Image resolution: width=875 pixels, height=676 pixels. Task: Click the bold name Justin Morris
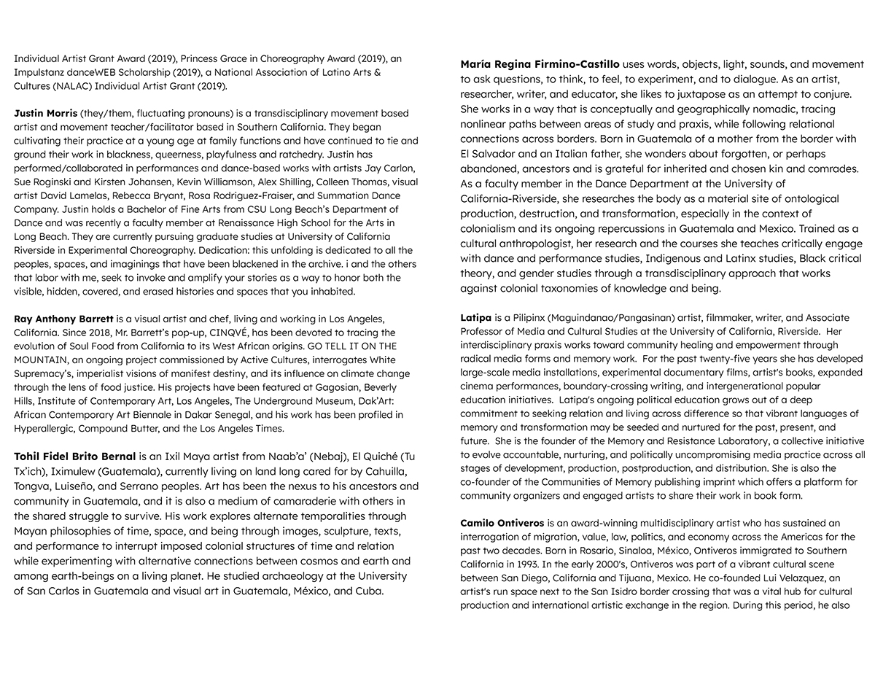46,114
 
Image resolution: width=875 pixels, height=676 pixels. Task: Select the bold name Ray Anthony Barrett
62,319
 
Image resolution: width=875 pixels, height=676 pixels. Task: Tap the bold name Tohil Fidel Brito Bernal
74,457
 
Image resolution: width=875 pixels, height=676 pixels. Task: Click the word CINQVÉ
235,333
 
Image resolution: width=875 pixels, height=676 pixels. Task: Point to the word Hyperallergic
45,429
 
